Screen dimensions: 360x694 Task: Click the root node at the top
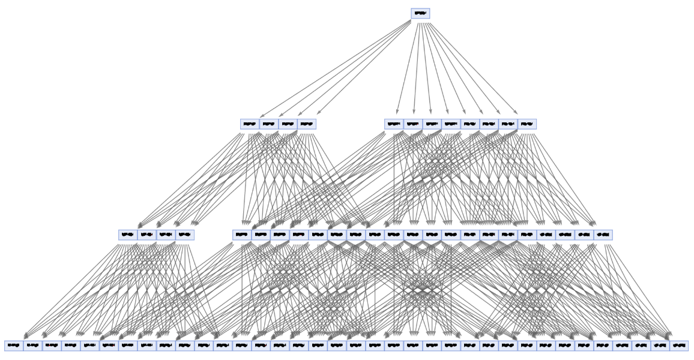pos(420,13)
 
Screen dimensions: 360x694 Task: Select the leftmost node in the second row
pos(250,124)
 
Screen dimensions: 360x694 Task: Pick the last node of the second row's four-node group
pos(306,124)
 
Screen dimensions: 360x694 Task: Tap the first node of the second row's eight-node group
pos(394,124)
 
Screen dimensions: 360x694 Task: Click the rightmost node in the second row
pos(527,124)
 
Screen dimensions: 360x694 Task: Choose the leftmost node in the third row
pos(128,235)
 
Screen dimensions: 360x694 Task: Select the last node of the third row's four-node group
pos(184,235)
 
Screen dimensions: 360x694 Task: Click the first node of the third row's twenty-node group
pos(242,235)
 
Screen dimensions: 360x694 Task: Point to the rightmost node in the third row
pos(603,235)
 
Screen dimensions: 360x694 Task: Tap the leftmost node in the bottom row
pos(14,346)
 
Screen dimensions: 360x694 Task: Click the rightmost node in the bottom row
pos(679,346)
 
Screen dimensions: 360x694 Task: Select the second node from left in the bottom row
pos(33,346)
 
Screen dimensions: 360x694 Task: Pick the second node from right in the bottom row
pos(660,346)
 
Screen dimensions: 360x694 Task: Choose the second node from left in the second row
pos(268,124)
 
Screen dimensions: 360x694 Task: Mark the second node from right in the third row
pos(584,235)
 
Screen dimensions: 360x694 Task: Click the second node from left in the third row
pos(146,235)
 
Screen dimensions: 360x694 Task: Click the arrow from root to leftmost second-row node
pos(336,68)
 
